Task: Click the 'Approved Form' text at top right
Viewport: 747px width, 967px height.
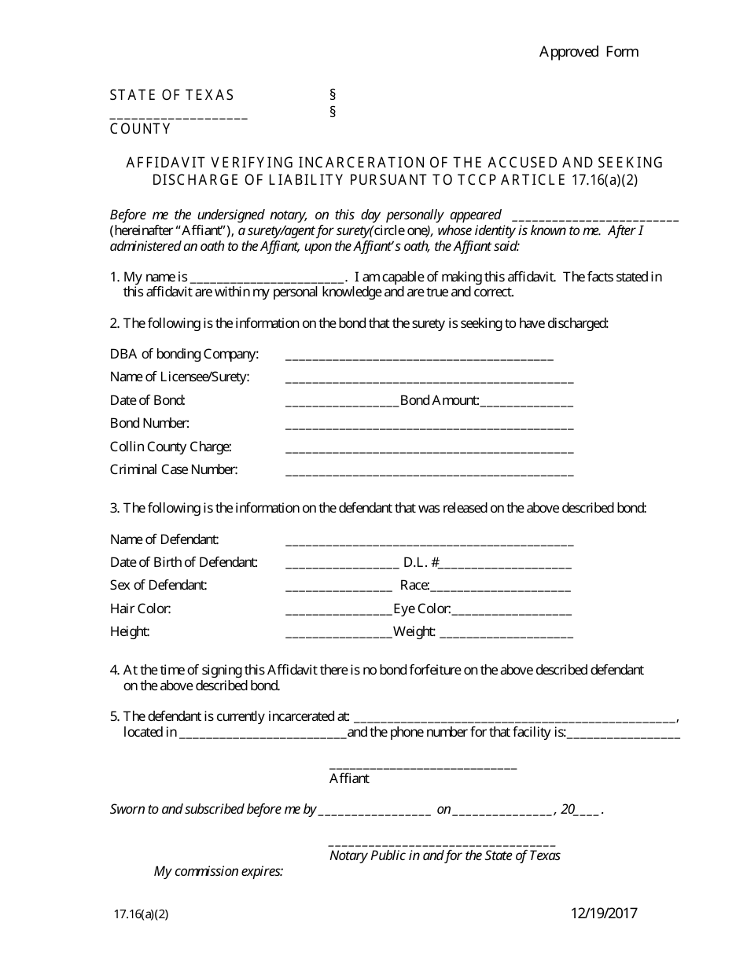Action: click(588, 52)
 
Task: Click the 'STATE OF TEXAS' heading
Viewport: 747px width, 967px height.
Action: click(171, 95)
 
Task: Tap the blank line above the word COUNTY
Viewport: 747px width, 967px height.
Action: click(178, 116)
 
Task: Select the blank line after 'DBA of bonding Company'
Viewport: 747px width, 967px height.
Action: click(419, 358)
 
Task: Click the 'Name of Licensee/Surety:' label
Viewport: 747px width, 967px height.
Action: click(179, 377)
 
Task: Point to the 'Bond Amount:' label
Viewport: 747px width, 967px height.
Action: click(440, 400)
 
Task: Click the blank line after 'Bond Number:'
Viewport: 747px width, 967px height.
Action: click(429, 427)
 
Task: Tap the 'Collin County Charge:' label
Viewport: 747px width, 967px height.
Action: click(171, 447)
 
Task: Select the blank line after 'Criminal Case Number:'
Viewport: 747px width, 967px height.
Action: click(429, 473)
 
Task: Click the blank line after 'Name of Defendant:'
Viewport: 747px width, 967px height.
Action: click(429, 543)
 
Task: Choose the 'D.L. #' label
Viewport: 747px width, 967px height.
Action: click(421, 562)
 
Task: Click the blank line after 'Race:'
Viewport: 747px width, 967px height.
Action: click(500, 589)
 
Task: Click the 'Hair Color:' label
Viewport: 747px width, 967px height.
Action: click(141, 609)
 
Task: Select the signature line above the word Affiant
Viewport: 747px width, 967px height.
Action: click(422, 767)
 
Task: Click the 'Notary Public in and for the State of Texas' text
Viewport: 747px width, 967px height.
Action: click(444, 855)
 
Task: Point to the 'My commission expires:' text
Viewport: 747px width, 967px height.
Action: click(218, 871)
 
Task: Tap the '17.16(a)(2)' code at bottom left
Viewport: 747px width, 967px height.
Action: click(141, 914)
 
